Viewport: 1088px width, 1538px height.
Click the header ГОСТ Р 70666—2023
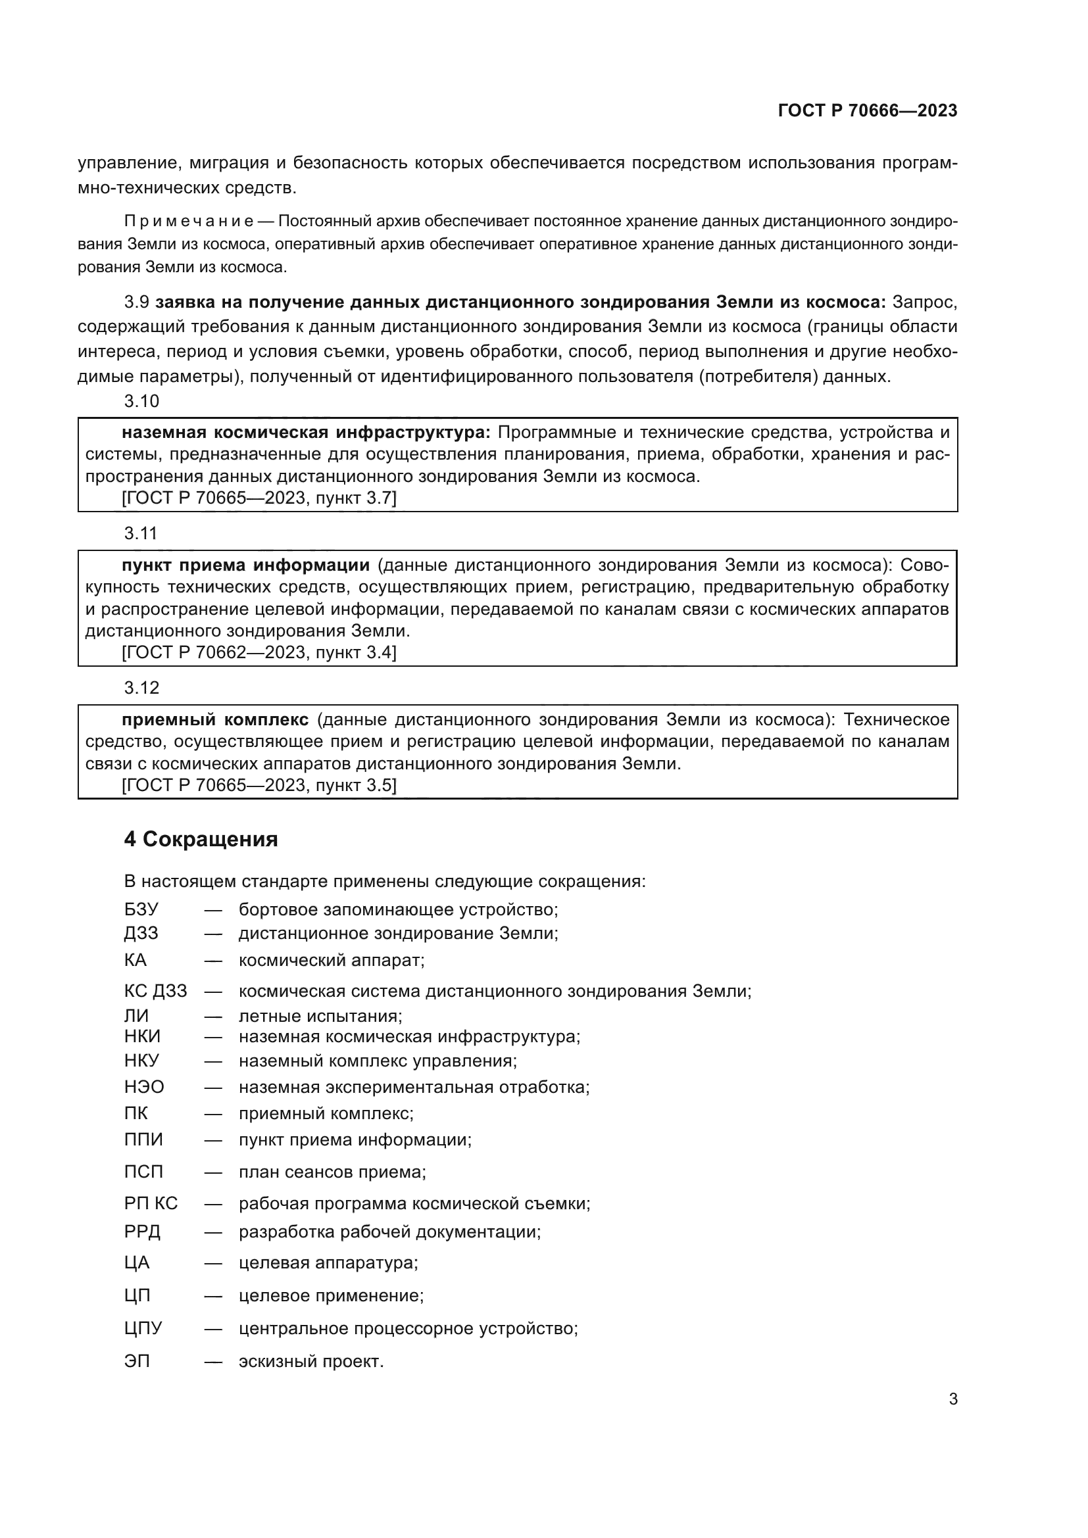point(867,110)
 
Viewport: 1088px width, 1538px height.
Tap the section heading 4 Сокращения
point(201,839)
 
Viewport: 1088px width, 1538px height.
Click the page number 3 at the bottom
point(952,1399)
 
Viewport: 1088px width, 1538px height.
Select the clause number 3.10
point(141,401)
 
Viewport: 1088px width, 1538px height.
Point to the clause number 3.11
point(141,533)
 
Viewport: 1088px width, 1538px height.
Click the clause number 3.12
point(141,687)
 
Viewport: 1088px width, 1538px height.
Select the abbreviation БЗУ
point(141,909)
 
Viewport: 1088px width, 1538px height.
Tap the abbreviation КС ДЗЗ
point(155,991)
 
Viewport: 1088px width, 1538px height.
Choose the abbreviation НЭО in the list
point(144,1086)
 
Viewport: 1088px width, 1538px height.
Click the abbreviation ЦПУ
point(143,1328)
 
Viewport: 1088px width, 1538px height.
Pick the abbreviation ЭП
point(137,1361)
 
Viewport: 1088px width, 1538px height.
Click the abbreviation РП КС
point(151,1203)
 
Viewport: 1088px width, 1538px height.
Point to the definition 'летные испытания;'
point(320,1016)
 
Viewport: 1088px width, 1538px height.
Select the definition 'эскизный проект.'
point(311,1361)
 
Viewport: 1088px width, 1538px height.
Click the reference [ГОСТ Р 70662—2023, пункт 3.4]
point(259,652)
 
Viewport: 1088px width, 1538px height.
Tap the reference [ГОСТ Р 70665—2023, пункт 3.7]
point(259,498)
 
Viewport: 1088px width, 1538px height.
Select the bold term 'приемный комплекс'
point(215,719)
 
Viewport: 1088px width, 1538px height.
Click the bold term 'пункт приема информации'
point(245,565)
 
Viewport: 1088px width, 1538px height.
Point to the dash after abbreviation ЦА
point(213,1262)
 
